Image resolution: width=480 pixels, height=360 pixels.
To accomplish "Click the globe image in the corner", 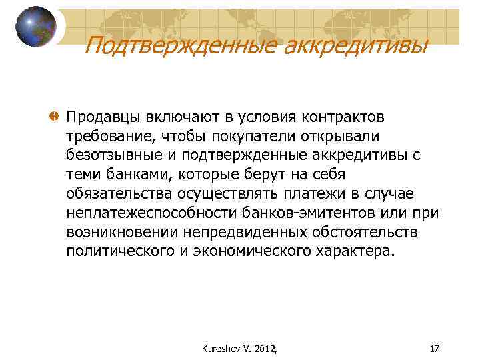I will point(35,27).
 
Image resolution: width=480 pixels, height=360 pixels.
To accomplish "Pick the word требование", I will point(107,137).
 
